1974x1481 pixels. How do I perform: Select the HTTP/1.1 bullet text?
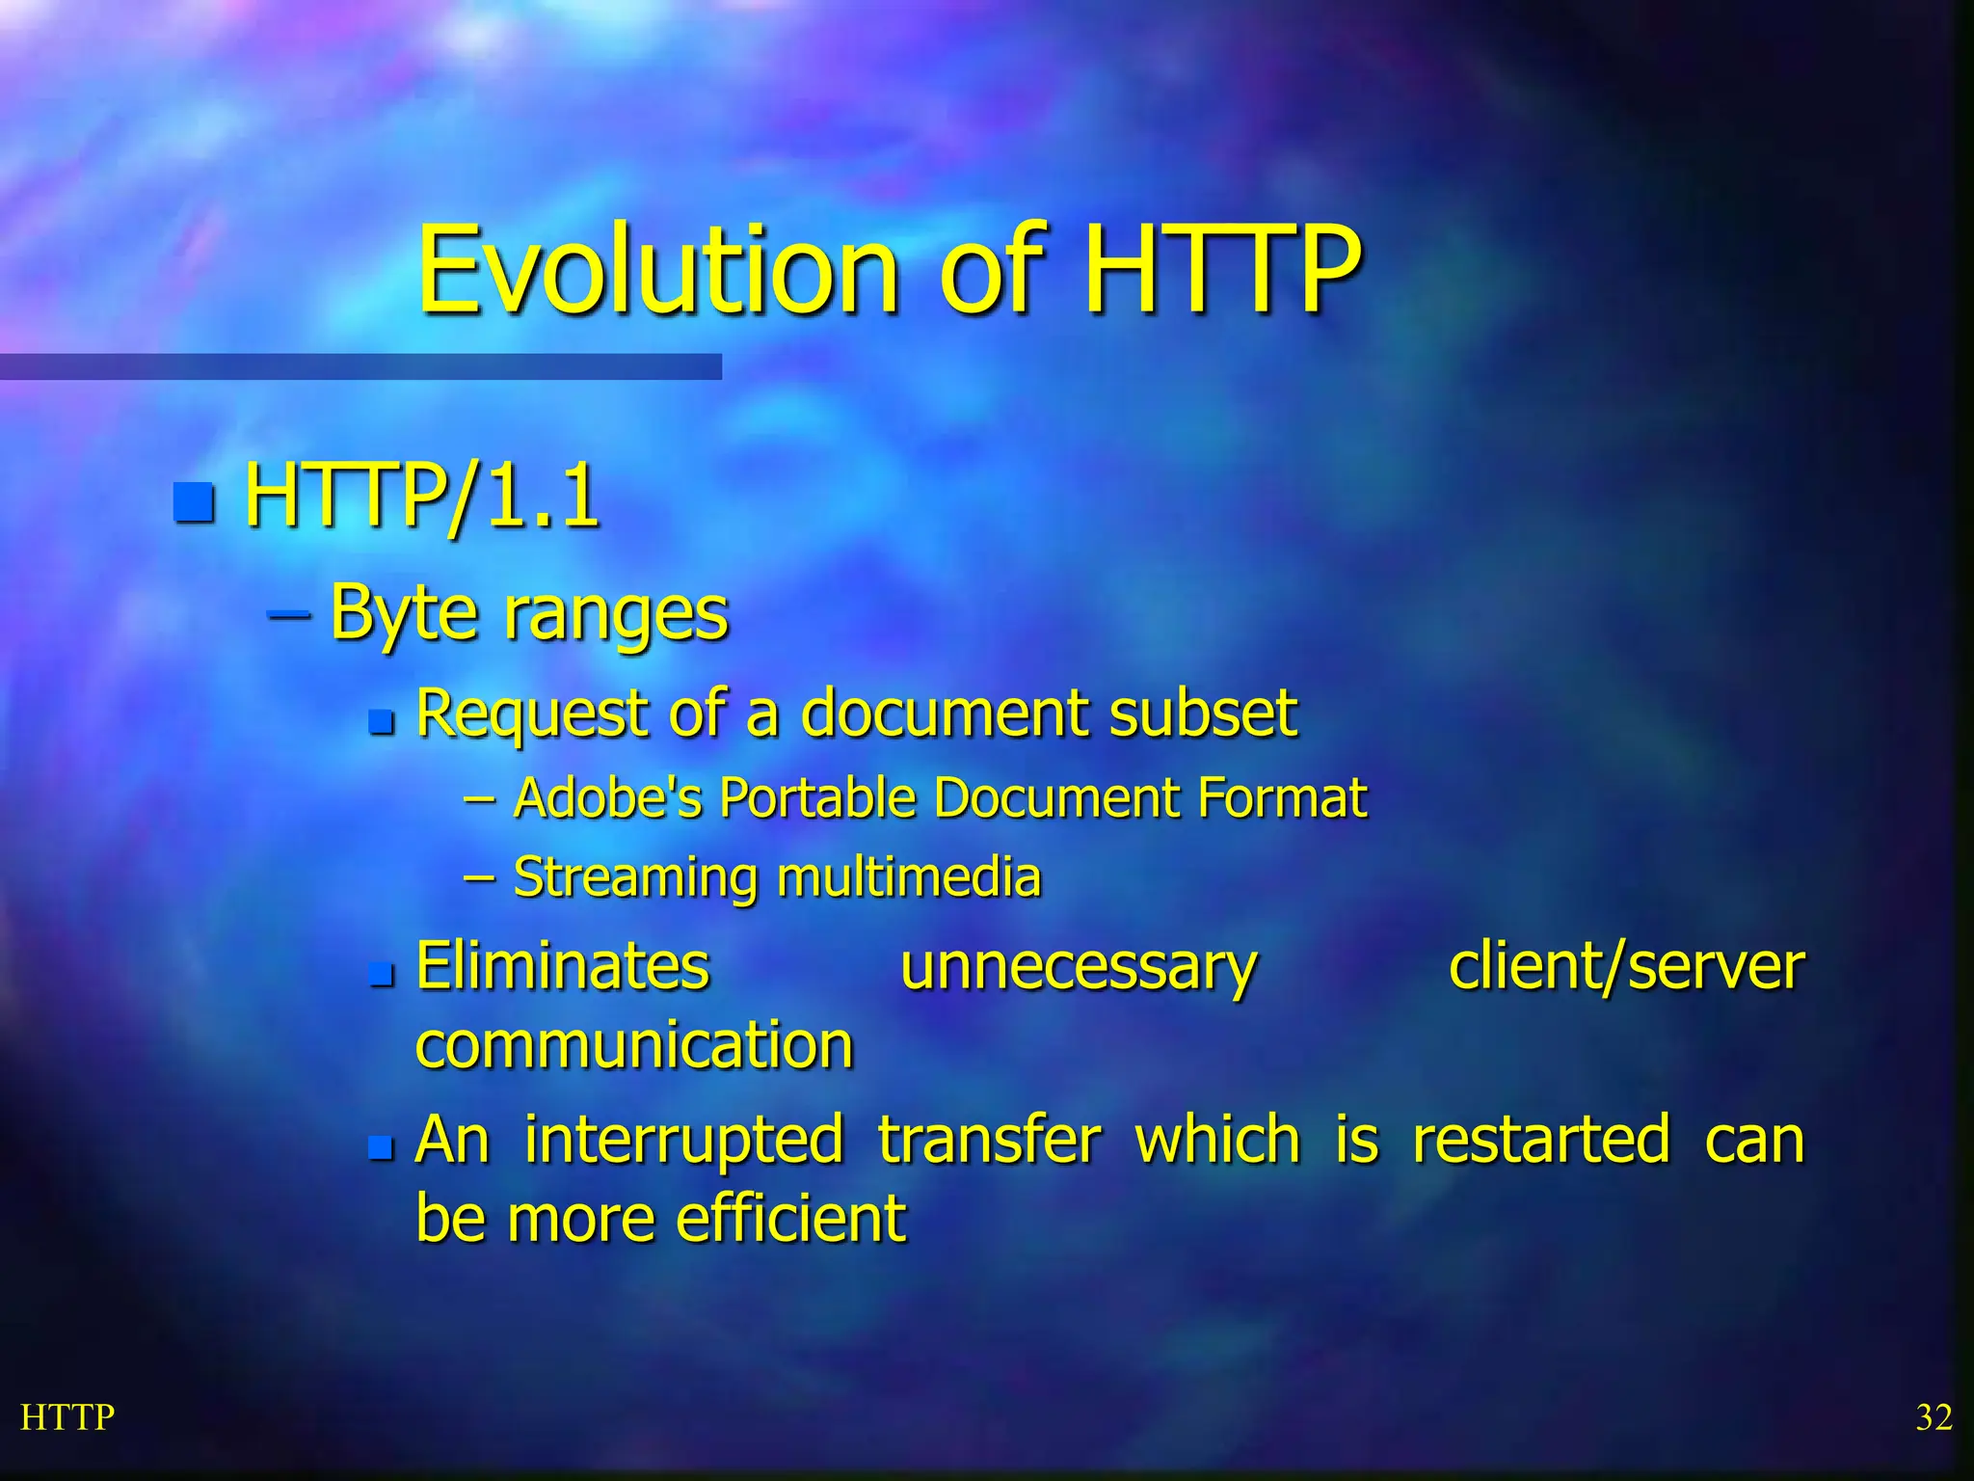pos(421,498)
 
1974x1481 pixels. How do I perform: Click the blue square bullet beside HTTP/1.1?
pos(194,500)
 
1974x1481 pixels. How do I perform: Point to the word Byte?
pos(403,614)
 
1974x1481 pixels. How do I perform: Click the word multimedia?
pos(909,877)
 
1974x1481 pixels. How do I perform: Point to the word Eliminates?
pos(563,966)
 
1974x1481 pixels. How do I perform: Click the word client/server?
pos(1626,966)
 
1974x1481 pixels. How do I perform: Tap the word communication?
pos(634,1045)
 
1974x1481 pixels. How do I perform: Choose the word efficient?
pos(790,1219)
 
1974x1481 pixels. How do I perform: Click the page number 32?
pos(1934,1417)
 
